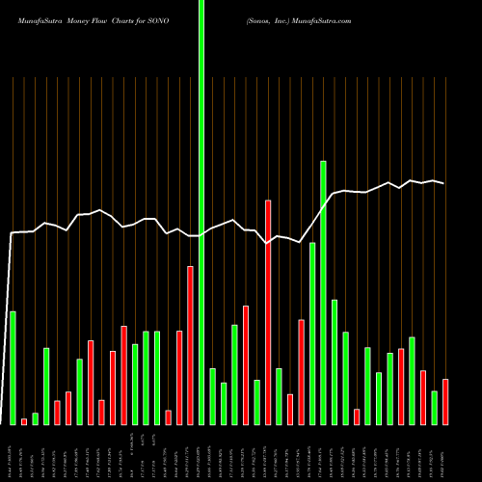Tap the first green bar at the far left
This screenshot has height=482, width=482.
13,367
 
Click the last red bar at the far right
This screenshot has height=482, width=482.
445,401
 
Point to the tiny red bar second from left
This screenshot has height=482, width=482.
24,421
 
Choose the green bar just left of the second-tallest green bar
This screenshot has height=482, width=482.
312,334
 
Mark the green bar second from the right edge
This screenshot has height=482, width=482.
434,408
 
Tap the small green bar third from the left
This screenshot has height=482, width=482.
35,418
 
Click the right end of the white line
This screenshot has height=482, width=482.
443,183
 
